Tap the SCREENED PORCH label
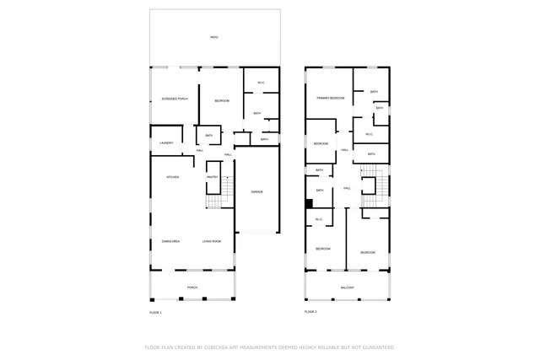[x=163, y=99]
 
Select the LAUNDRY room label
[x=166, y=142]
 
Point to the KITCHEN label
[x=172, y=177]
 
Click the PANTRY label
[x=212, y=177]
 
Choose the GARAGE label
[x=256, y=192]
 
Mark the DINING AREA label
[x=171, y=242]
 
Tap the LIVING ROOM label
[x=211, y=242]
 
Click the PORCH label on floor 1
[x=192, y=287]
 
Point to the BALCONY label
[x=347, y=287]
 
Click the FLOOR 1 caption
[x=154, y=312]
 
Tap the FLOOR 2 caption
[x=310, y=312]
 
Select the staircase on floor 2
[x=375, y=191]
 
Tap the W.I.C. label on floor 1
[x=262, y=83]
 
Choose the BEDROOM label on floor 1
[x=222, y=101]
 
